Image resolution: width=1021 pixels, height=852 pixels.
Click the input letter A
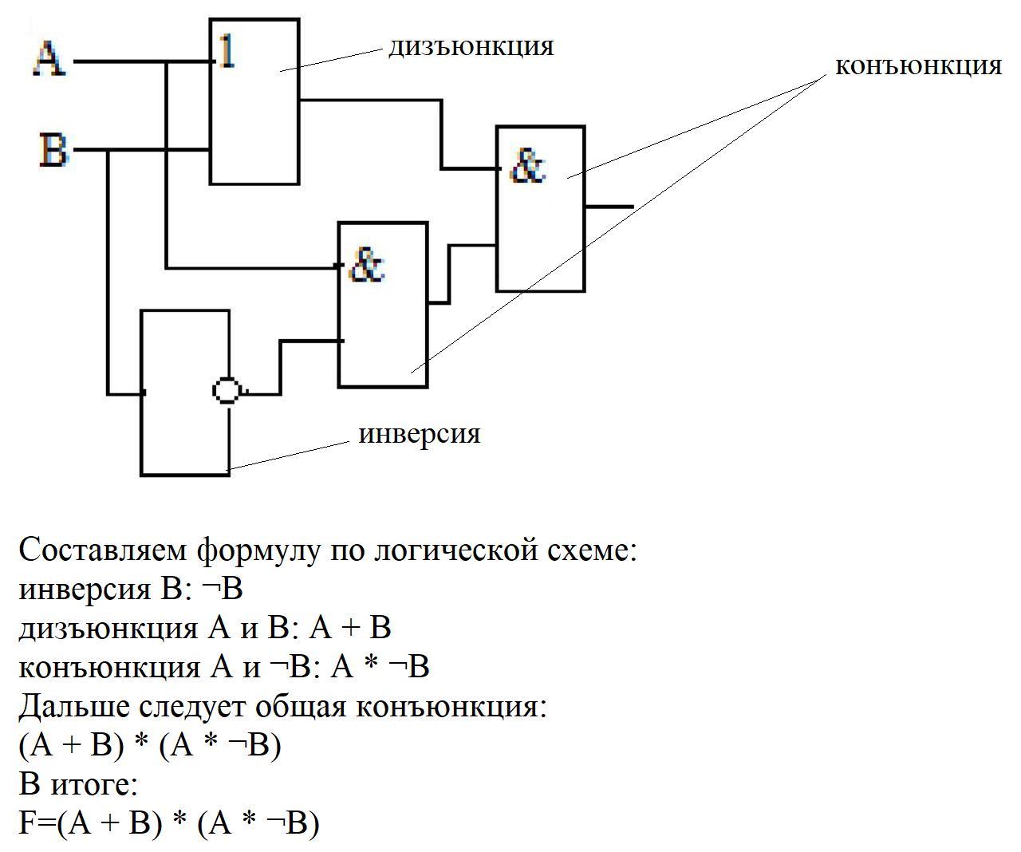click(x=49, y=59)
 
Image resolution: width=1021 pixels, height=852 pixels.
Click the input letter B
click(x=53, y=150)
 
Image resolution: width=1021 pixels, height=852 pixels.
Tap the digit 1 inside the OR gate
click(x=227, y=53)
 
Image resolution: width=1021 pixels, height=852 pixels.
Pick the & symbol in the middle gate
click(x=367, y=266)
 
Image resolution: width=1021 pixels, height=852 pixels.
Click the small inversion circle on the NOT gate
click(x=227, y=391)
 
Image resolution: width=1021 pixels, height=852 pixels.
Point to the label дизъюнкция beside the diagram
click(x=471, y=46)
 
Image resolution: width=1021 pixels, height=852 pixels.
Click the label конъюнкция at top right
click(x=918, y=65)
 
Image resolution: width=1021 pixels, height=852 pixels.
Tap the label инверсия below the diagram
click(x=420, y=434)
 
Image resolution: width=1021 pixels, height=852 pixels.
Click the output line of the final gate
click(x=610, y=207)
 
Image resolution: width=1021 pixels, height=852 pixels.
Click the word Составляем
click(x=103, y=550)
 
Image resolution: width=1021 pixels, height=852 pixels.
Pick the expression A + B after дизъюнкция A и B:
click(x=350, y=628)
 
